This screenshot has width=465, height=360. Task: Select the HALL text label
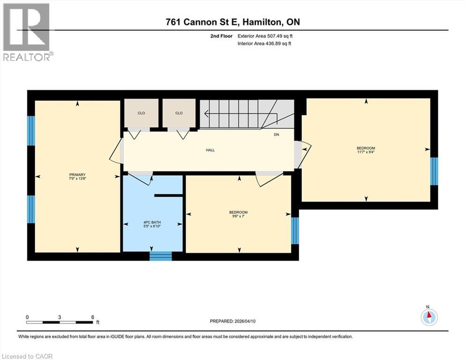[210, 150]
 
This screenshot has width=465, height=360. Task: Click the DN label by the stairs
[277, 135]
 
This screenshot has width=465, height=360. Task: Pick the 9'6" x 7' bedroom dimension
[239, 216]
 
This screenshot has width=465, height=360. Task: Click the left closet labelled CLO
[141, 113]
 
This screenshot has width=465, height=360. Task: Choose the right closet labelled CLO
[178, 113]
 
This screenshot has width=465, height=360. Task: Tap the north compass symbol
[429, 316]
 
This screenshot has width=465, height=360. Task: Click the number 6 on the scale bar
[92, 317]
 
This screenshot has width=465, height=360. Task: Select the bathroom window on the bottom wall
[161, 256]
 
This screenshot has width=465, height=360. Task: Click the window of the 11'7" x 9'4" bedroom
[434, 171]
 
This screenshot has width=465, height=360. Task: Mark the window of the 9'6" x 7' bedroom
[295, 231]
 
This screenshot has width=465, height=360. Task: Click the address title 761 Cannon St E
[232, 22]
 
